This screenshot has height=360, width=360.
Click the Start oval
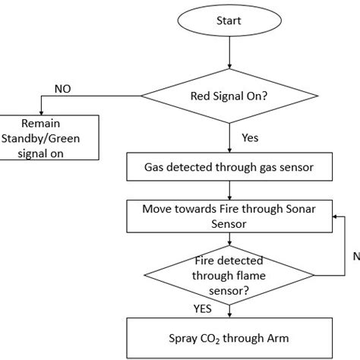pyautogui.click(x=229, y=21)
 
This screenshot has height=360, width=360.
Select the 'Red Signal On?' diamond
pyautogui.click(x=229, y=97)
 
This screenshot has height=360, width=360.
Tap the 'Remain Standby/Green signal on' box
pyautogui.click(x=49, y=137)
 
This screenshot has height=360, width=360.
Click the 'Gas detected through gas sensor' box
pyautogui.click(x=229, y=167)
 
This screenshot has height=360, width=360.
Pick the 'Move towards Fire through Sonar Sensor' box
pyautogui.click(x=229, y=215)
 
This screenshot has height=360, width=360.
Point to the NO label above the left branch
pyautogui.click(x=64, y=89)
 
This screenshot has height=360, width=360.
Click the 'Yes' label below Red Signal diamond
pyautogui.click(x=251, y=139)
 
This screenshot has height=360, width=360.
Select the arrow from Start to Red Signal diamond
pyautogui.click(x=229, y=53)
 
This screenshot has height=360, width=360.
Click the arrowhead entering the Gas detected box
pyautogui.click(x=229, y=150)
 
